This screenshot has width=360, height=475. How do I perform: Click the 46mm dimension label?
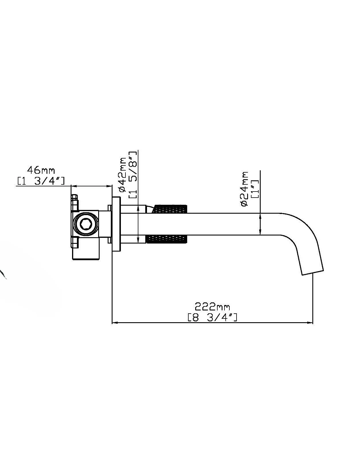(x=41, y=170)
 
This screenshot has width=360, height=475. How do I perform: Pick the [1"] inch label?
(x=255, y=189)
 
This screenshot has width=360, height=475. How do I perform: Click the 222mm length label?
(x=212, y=307)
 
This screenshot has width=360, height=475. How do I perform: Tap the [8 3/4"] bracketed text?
(x=212, y=317)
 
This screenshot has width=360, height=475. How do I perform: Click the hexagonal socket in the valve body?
(x=85, y=223)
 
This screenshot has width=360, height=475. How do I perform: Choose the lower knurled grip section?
(x=167, y=239)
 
